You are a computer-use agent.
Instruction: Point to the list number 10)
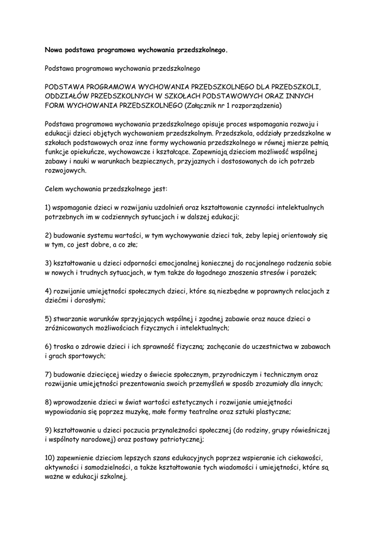(50, 458)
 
